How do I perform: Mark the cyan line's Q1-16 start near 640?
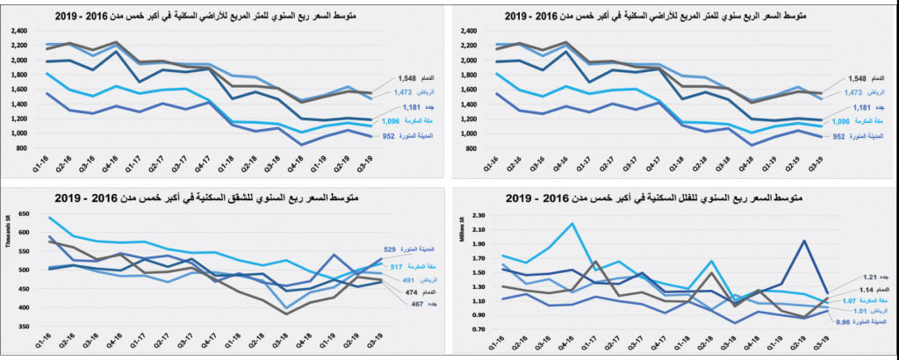point(49,218)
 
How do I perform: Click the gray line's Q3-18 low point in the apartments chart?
point(284,313)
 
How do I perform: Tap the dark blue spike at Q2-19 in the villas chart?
point(804,241)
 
